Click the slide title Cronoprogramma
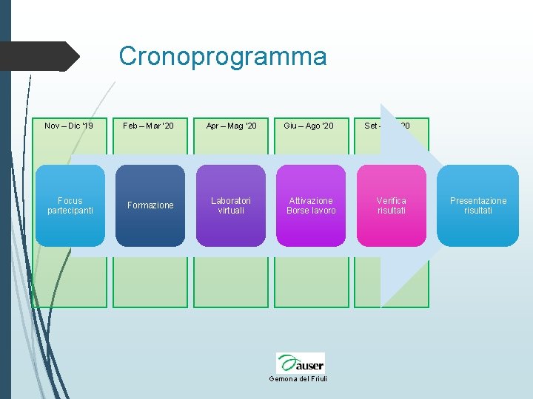click(x=222, y=56)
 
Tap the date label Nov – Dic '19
click(x=69, y=126)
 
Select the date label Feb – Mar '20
click(x=149, y=126)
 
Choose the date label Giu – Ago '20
click(x=309, y=126)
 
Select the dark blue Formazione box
click(x=150, y=205)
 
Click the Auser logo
click(x=301, y=363)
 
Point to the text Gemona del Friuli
click(x=301, y=379)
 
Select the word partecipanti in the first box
click(x=70, y=211)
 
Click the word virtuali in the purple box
click(x=231, y=211)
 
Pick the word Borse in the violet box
click(x=300, y=211)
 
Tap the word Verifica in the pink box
click(x=391, y=201)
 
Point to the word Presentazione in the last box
click(x=478, y=201)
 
